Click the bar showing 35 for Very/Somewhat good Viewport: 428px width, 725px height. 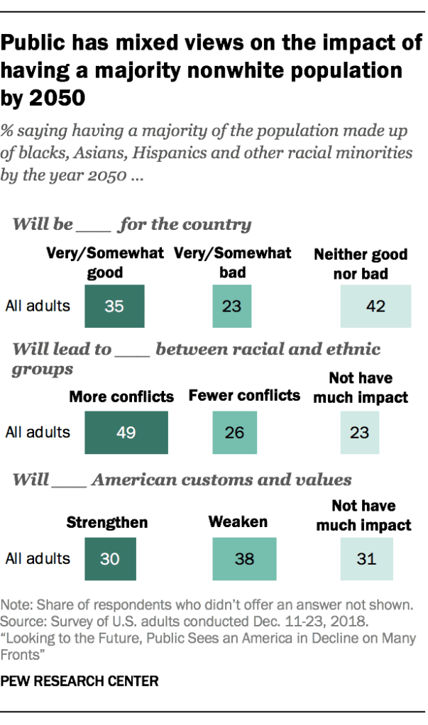pyautogui.click(x=114, y=306)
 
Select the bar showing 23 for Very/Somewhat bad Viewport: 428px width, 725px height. pyautogui.click(x=233, y=306)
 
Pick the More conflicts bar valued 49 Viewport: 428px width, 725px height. pyautogui.click(x=126, y=432)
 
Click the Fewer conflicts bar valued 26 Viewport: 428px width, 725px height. pyautogui.click(x=235, y=432)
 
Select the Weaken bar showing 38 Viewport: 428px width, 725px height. pyautogui.click(x=244, y=558)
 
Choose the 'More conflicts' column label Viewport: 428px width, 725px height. pyautogui.click(x=121, y=397)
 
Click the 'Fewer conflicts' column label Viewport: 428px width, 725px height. pyautogui.click(x=244, y=396)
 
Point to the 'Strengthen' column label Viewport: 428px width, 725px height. pyautogui.click(x=107, y=523)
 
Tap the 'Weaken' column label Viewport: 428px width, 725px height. pyautogui.click(x=238, y=522)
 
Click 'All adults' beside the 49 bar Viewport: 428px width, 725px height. pyautogui.click(x=38, y=432)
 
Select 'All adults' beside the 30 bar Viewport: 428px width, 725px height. pyautogui.click(x=38, y=558)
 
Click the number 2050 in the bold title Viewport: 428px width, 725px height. pyautogui.click(x=55, y=97)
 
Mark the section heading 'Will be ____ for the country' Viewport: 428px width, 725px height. pyautogui.click(x=132, y=225)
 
